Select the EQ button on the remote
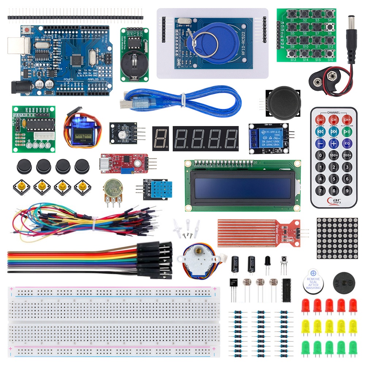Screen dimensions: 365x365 347,143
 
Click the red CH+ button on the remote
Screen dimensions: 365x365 347,120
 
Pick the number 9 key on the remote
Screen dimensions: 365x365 347,190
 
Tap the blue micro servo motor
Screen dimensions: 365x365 82,131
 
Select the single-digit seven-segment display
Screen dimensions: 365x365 160,139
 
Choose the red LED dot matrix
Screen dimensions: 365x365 337,238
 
